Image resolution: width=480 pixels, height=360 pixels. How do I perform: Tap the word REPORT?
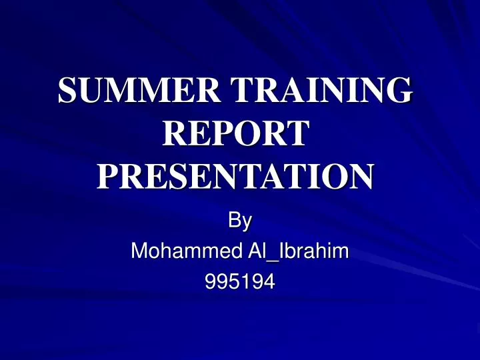click(235, 134)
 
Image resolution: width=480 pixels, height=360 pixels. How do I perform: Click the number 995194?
click(239, 283)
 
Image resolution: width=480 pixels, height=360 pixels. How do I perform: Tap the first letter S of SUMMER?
click(67, 92)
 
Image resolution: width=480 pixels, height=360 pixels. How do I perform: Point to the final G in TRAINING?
click(396, 92)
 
